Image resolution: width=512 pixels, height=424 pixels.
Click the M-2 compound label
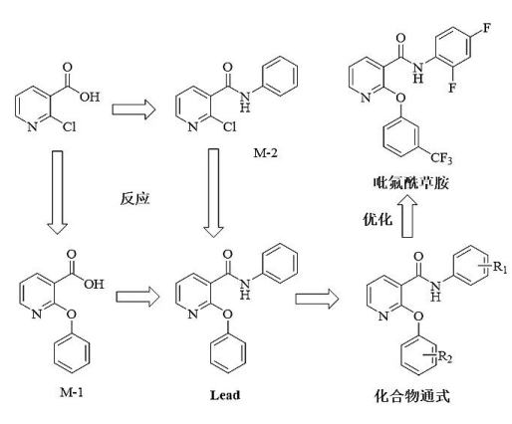(265, 153)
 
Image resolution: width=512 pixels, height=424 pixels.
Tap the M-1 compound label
(72, 393)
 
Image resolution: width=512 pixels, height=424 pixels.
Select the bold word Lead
(225, 395)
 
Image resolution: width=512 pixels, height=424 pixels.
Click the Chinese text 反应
(134, 199)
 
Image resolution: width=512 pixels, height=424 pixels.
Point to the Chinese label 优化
(378, 219)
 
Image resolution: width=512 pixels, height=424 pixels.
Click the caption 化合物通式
(411, 395)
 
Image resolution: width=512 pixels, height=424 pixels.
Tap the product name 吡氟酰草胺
(411, 182)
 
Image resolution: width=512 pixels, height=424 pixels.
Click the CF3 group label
(441, 158)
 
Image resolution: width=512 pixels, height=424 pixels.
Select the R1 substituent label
(500, 267)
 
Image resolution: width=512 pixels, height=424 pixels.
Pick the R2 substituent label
(444, 357)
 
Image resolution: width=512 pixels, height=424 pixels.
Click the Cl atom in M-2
(229, 126)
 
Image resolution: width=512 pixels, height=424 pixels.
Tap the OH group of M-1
(94, 284)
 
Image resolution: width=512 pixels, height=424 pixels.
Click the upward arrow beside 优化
(407, 216)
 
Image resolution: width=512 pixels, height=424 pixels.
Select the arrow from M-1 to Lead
(137, 297)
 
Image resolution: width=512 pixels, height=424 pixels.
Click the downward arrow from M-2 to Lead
(213, 193)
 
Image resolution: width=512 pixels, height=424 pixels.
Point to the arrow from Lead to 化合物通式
(317, 299)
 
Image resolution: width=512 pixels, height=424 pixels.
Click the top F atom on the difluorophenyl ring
(486, 28)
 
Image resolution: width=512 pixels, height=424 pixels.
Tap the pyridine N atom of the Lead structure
(193, 314)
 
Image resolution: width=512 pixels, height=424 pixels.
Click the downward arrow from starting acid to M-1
(58, 192)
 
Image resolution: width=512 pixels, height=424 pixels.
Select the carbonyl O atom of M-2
(227, 68)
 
